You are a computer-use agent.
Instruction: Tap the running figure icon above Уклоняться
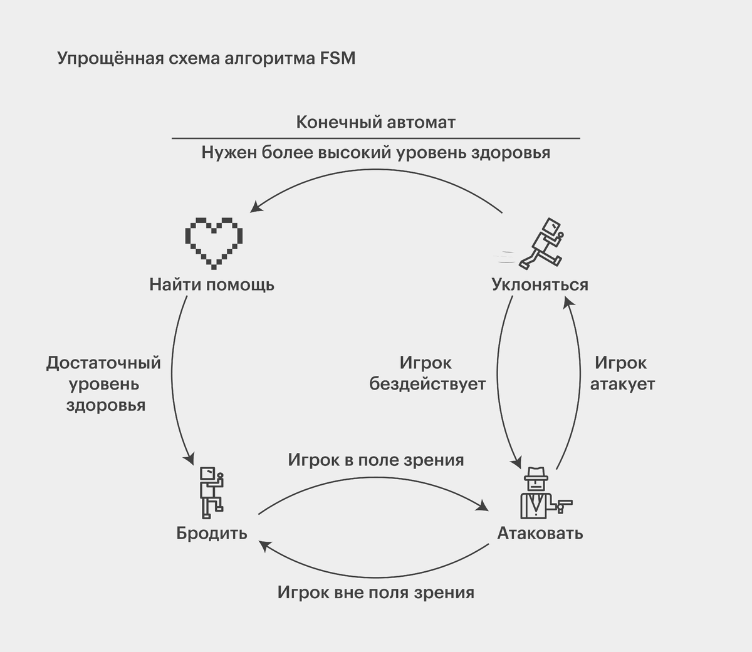[x=543, y=243]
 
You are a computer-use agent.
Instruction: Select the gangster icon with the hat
[x=536, y=493]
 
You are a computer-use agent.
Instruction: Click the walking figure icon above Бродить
[x=211, y=490]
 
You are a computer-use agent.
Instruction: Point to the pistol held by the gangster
[x=565, y=504]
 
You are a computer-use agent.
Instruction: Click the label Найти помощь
[x=212, y=284]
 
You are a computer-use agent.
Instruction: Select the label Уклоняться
[x=540, y=284]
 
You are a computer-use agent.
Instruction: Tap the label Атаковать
[x=540, y=533]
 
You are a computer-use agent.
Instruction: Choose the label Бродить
[x=212, y=533]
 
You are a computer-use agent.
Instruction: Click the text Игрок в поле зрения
[x=376, y=460]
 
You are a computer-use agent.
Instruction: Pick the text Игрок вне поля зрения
[x=376, y=592]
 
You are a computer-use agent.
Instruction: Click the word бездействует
[x=427, y=384]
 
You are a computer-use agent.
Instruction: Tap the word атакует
[x=622, y=384]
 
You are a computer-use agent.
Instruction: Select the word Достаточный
[x=104, y=363]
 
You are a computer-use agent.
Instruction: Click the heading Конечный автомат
[x=376, y=122]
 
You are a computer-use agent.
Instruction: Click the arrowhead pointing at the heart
[x=254, y=208]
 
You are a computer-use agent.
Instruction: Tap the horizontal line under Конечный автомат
[x=376, y=138]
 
